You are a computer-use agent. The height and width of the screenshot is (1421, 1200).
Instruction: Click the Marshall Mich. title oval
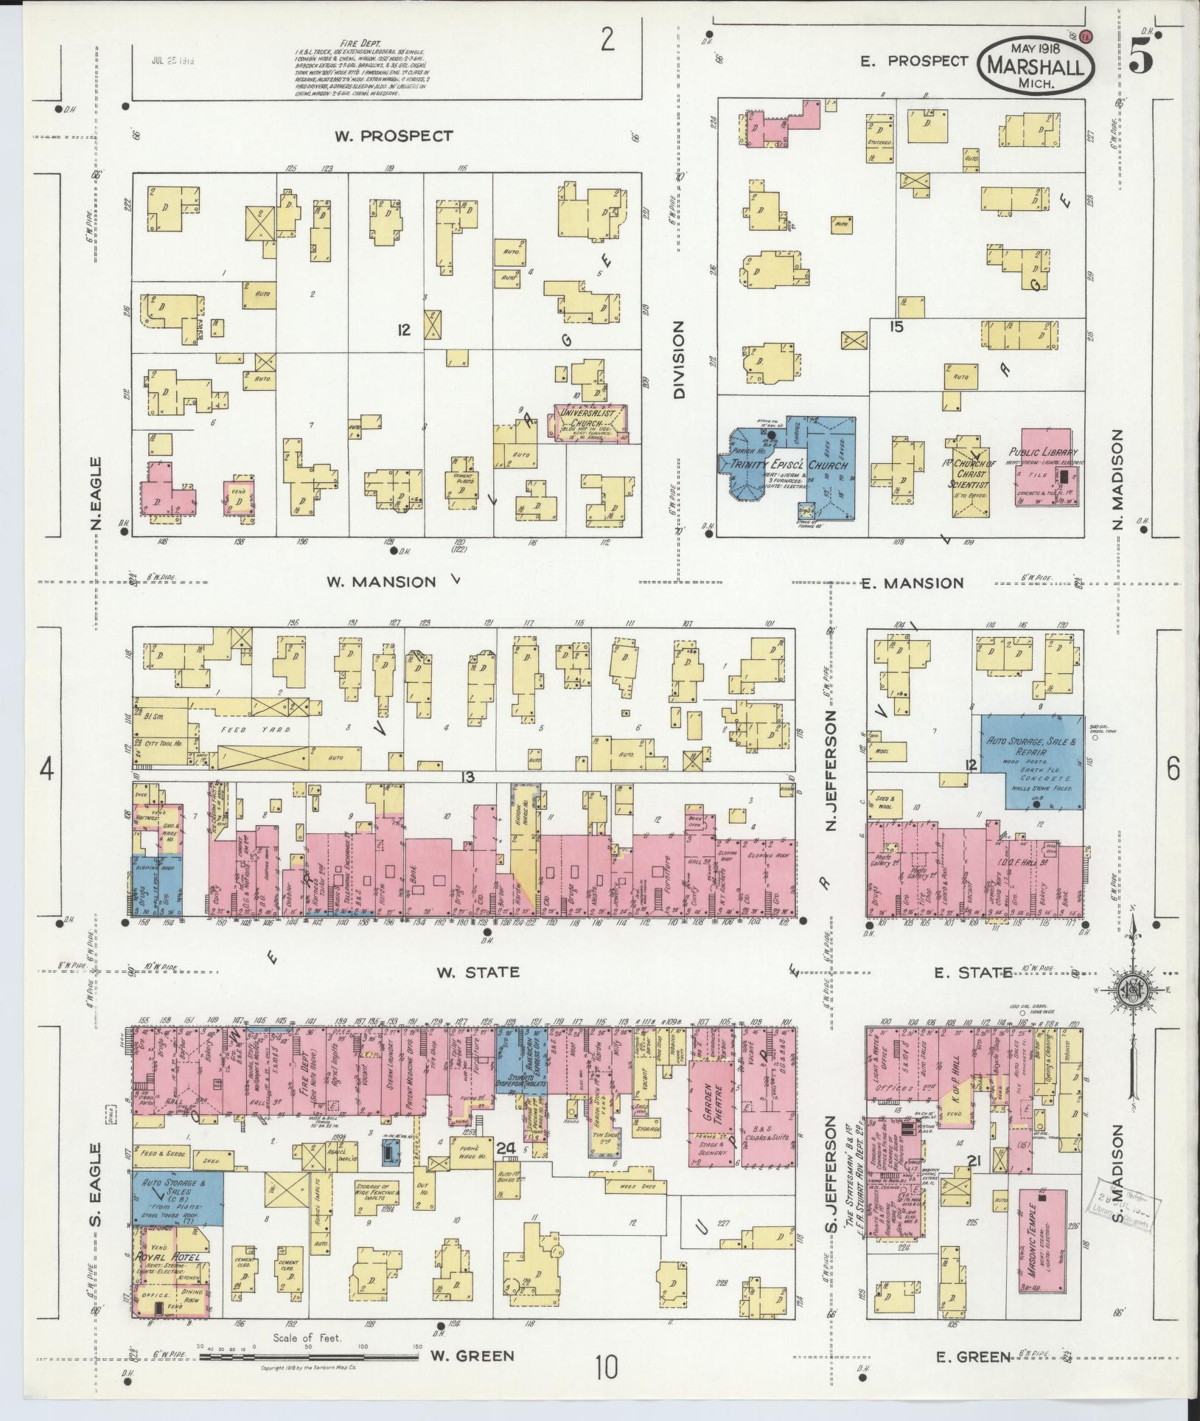[x=1036, y=65]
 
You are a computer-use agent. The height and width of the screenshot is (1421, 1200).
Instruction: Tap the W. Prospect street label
[x=393, y=136]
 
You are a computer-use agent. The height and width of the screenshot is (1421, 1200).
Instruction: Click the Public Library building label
[x=1043, y=453]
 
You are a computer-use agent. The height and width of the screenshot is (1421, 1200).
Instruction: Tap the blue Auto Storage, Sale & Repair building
[x=1031, y=761]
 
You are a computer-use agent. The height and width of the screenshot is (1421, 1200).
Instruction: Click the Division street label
[x=678, y=359]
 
